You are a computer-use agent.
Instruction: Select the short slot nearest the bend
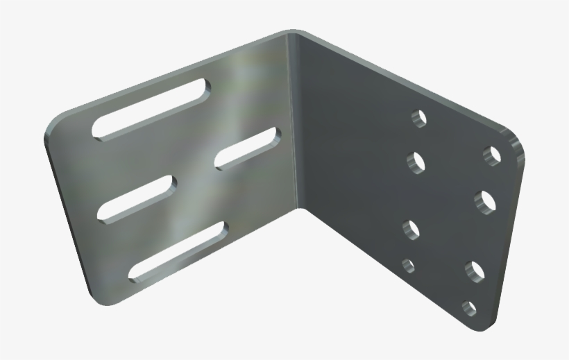click(x=247, y=148)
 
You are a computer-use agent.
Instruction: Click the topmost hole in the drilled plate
click(x=418, y=118)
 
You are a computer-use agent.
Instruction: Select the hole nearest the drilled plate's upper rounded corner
click(x=493, y=154)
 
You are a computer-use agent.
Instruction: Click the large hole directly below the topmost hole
click(x=416, y=162)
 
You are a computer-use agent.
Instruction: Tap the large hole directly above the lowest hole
click(x=475, y=271)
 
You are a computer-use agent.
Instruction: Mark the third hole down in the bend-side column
click(x=411, y=228)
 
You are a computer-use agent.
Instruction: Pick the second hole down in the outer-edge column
click(x=485, y=201)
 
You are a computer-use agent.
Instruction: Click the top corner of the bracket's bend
click(x=295, y=33)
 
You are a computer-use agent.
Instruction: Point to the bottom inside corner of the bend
click(x=300, y=207)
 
